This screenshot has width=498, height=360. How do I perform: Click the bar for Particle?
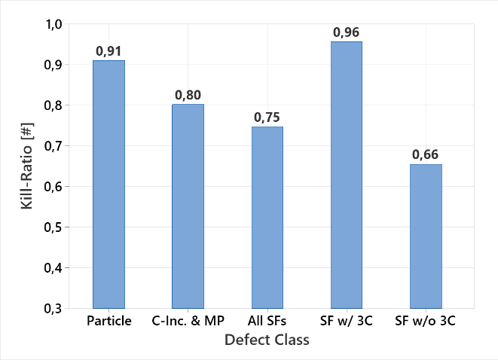(x=108, y=184)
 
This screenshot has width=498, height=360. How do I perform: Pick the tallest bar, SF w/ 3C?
(x=347, y=175)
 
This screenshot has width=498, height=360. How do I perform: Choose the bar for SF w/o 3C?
(x=426, y=236)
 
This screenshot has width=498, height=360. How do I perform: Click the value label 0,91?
(x=108, y=51)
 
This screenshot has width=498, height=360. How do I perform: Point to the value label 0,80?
(x=188, y=95)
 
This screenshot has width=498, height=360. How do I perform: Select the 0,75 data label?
(x=267, y=117)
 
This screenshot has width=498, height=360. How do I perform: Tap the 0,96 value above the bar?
(x=347, y=32)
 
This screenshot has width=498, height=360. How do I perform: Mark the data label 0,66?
(x=426, y=155)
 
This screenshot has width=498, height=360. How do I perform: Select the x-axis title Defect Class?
(x=267, y=340)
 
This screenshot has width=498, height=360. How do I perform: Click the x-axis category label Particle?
(x=108, y=322)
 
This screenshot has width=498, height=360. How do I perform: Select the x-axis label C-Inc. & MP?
(x=188, y=322)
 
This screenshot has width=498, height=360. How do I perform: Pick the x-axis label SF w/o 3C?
(x=426, y=322)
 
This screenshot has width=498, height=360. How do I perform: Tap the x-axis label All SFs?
(x=267, y=322)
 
